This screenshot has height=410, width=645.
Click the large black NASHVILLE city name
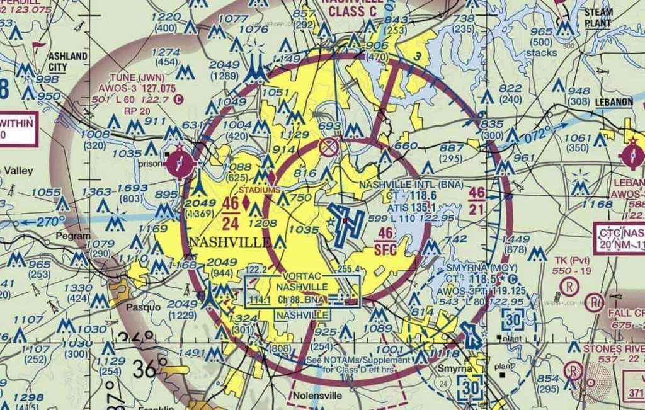(231, 242)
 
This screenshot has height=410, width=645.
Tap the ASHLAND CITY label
(67, 62)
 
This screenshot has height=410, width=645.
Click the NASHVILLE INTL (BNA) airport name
(411, 185)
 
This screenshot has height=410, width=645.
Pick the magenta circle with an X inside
(328, 148)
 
